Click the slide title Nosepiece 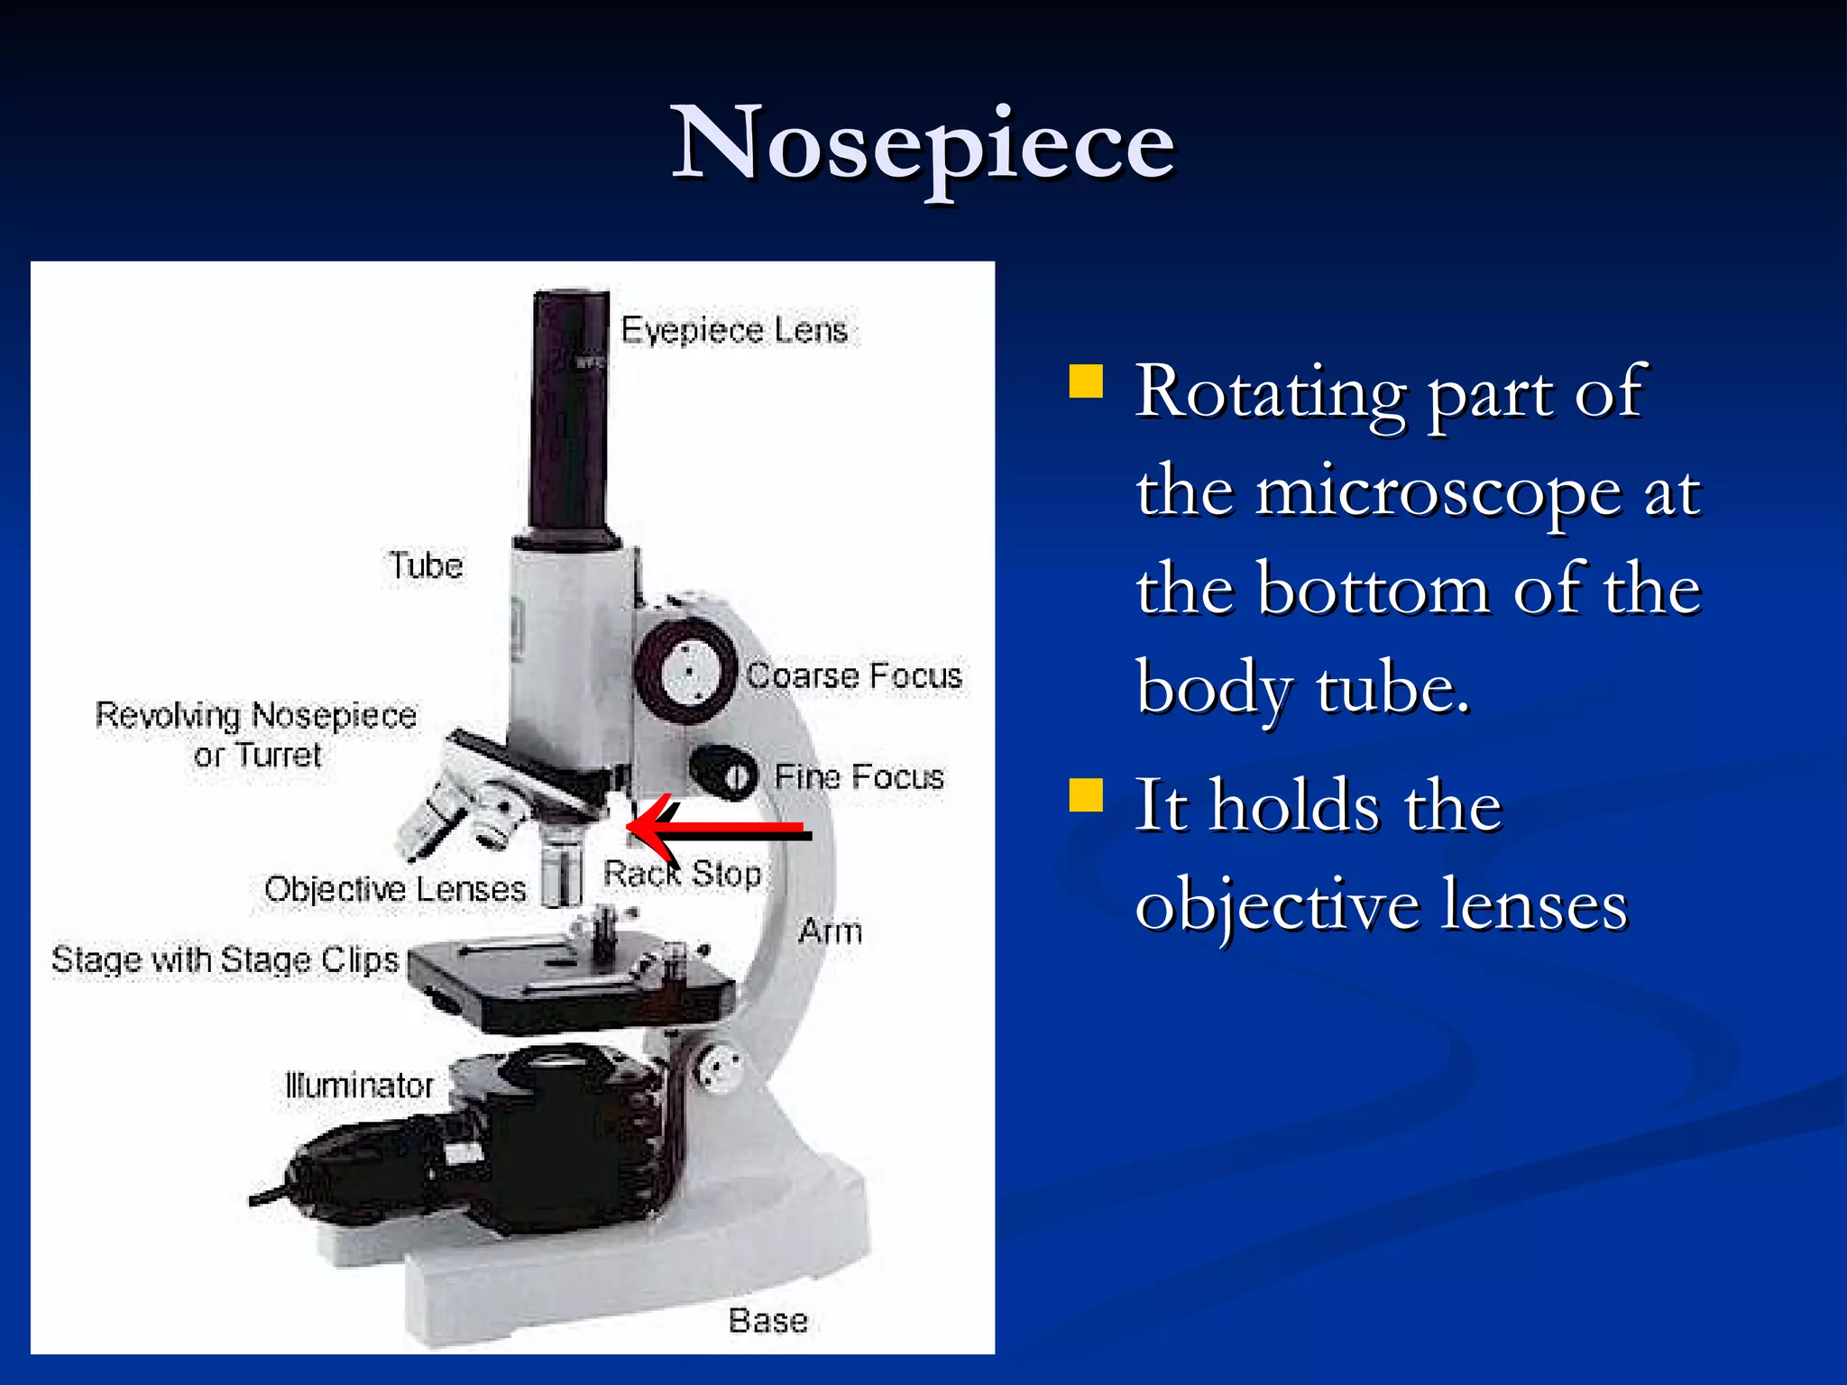click(923, 144)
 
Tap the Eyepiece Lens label click(734, 331)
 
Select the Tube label click(426, 566)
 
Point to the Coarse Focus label click(854, 676)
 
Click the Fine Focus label click(859, 777)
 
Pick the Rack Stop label click(683, 874)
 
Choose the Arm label click(830, 931)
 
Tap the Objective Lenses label click(395, 890)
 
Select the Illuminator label click(359, 1086)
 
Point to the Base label click(767, 1321)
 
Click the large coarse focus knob click(687, 673)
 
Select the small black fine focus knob click(724, 773)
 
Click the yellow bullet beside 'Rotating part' click(1086, 381)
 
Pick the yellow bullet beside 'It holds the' click(1086, 795)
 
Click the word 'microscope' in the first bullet click(1438, 492)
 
